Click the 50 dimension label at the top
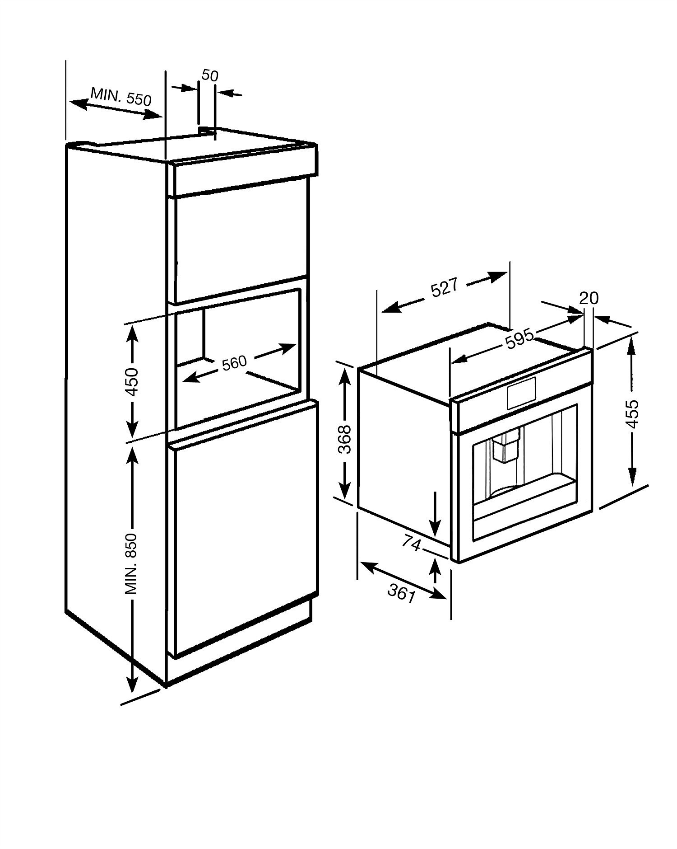[210, 75]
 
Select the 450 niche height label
[132, 382]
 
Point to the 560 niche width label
[234, 362]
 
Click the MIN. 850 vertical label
[130, 564]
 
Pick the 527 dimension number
[444, 288]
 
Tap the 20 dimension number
[589, 298]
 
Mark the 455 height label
[632, 413]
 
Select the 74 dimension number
[411, 544]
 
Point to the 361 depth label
[401, 593]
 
